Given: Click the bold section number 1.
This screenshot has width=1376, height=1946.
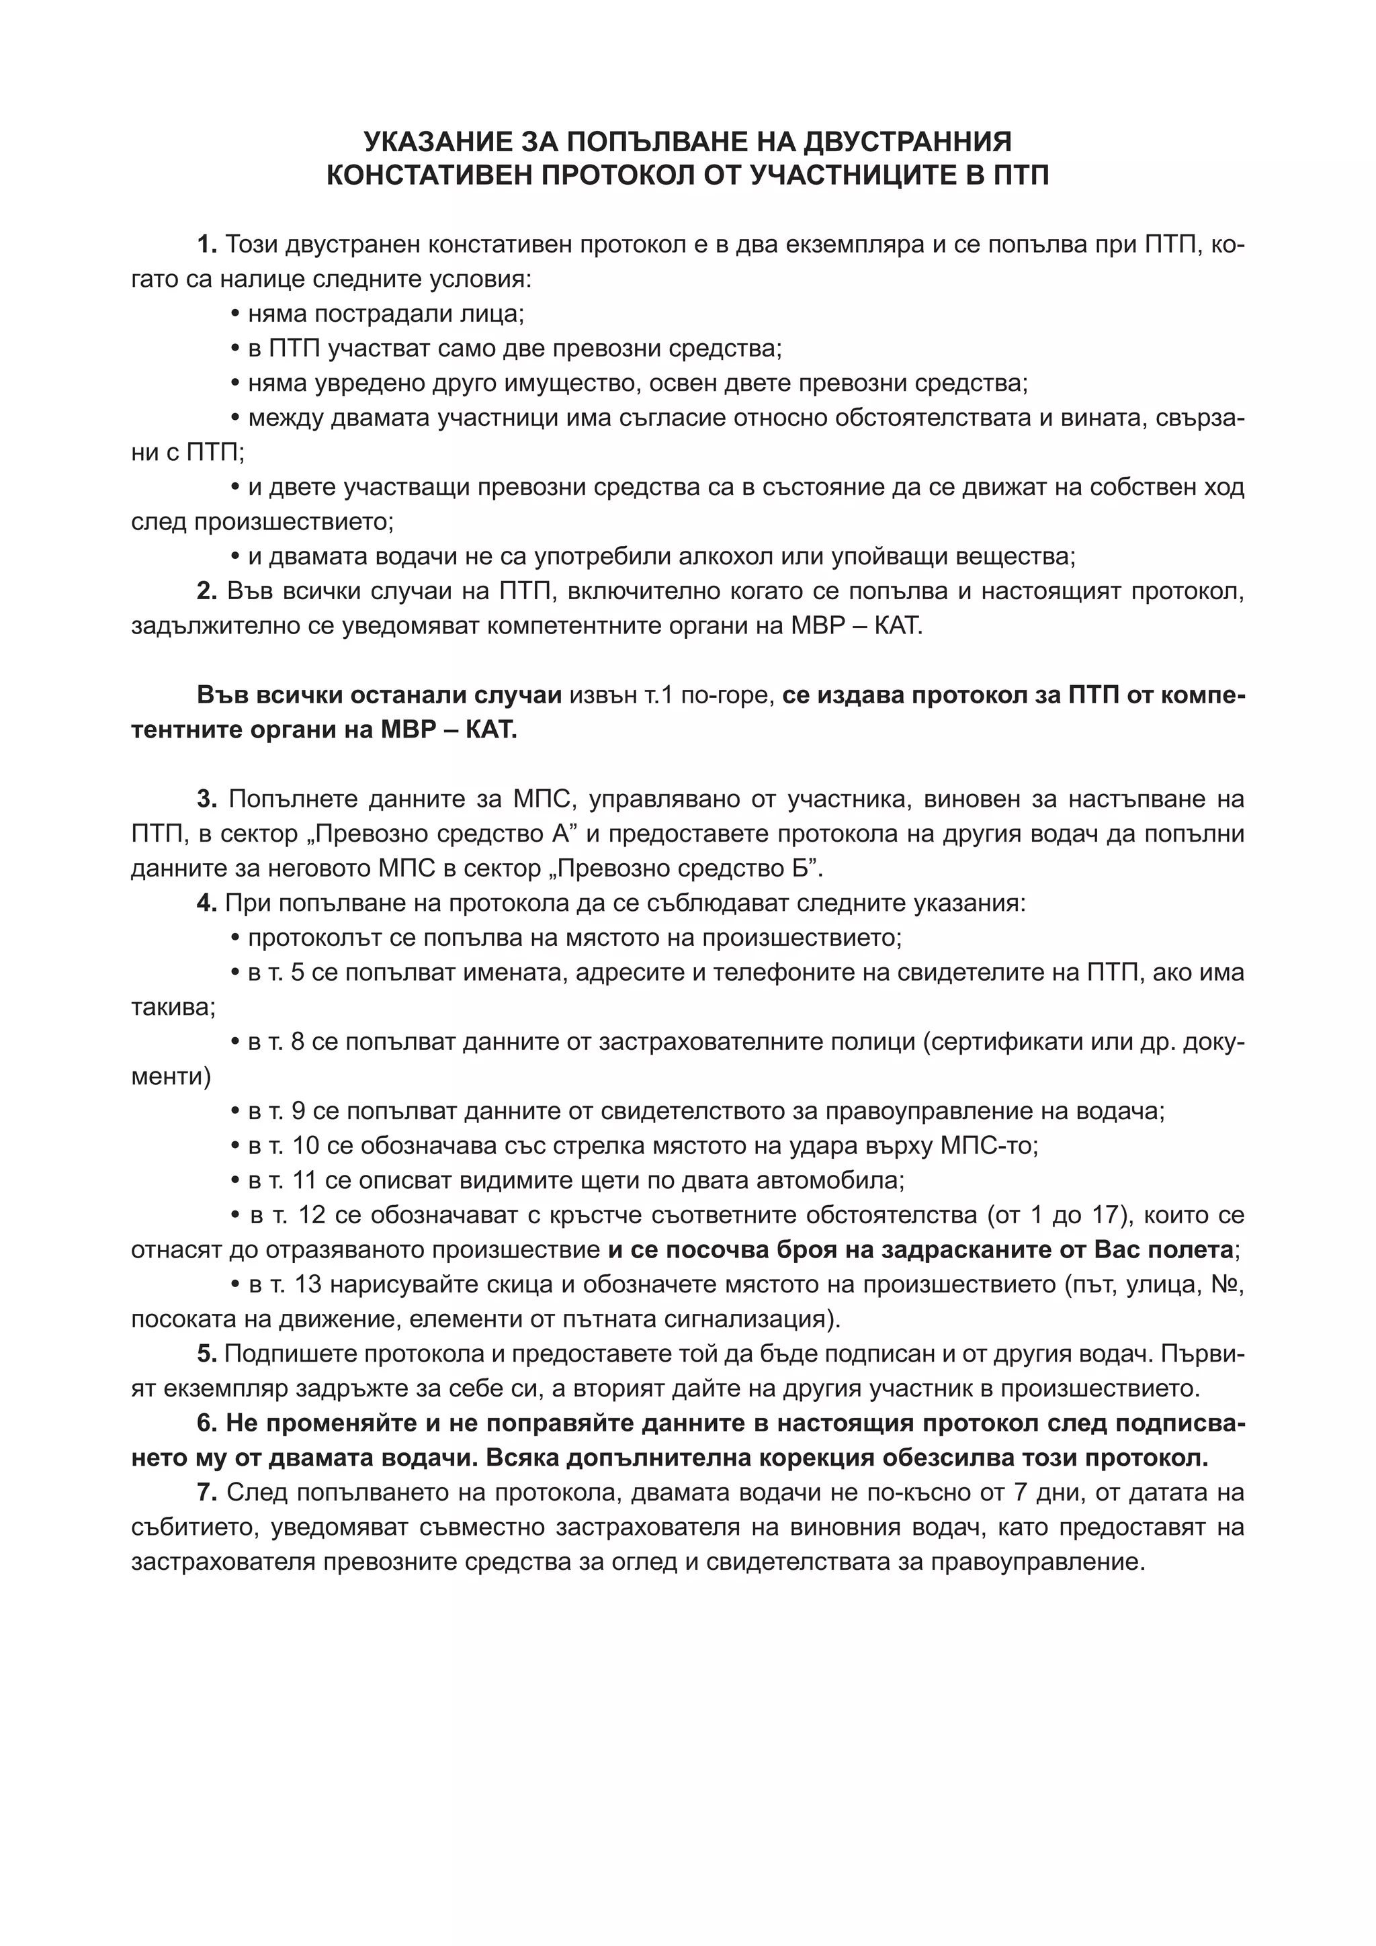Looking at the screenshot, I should (207, 246).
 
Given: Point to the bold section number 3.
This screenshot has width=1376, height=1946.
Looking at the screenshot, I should (207, 799).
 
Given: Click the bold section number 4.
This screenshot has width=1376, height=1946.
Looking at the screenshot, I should (207, 903).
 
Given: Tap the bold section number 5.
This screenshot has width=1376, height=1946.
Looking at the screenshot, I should (207, 1354).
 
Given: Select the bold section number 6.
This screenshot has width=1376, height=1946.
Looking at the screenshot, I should (207, 1423).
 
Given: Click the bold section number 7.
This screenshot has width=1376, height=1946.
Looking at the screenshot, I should (207, 1493).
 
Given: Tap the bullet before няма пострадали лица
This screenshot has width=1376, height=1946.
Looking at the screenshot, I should (236, 315).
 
